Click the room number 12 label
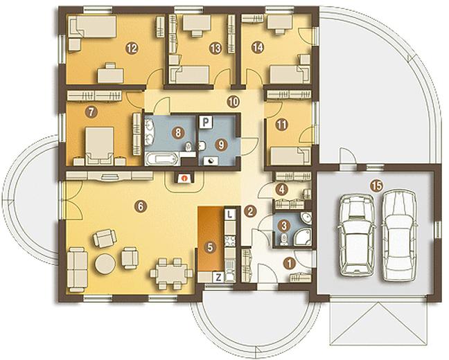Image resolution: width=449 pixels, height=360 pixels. coord(132,48)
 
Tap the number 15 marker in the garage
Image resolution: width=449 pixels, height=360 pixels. coord(376,186)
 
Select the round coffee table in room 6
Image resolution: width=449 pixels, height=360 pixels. coord(105,263)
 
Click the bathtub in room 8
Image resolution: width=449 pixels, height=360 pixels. coord(161,159)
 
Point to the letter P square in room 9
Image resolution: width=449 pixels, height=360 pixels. coord(206,123)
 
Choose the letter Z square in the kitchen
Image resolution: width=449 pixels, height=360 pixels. coord(218,277)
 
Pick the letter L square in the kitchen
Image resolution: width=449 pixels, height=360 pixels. coord(230,214)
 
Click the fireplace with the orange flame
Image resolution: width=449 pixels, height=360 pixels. coord(184,179)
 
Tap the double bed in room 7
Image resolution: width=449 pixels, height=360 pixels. coord(99,146)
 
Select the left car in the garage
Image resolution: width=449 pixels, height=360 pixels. coord(356,235)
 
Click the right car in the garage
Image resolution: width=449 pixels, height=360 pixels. coord(399,235)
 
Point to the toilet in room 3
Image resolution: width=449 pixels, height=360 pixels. coord(283,240)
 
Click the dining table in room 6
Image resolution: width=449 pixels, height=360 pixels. coord(172,273)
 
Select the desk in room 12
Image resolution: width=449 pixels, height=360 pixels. coord(111,73)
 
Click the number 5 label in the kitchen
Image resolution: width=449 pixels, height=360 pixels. coord(210,247)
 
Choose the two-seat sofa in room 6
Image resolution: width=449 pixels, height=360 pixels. coord(78,269)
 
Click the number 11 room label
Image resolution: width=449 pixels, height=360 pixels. coord(282,125)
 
